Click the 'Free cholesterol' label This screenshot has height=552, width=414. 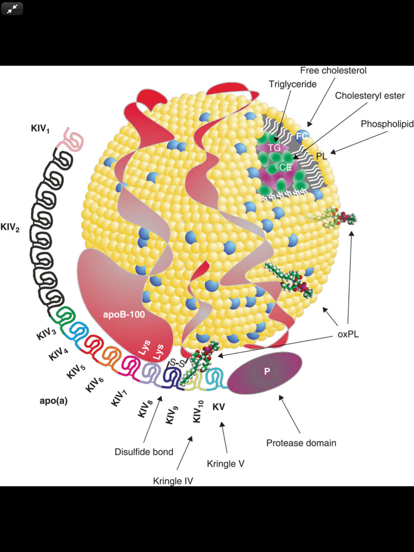click(x=333, y=71)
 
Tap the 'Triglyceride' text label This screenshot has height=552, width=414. click(x=292, y=84)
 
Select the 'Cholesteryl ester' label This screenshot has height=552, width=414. click(x=370, y=96)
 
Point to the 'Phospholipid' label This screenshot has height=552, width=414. click(x=387, y=124)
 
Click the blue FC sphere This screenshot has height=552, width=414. click(x=302, y=136)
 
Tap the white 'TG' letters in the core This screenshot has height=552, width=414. click(x=274, y=148)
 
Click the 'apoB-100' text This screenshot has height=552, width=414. click(x=124, y=314)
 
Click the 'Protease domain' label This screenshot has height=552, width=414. click(x=301, y=443)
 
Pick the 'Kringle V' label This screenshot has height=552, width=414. click(x=226, y=464)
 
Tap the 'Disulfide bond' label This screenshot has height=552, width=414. click(x=144, y=452)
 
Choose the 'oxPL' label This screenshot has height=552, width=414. click(x=348, y=334)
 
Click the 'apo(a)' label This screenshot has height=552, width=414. click(x=53, y=401)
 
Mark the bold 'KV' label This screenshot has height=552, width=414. click(x=219, y=407)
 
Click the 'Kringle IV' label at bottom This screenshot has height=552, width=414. click(x=173, y=481)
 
